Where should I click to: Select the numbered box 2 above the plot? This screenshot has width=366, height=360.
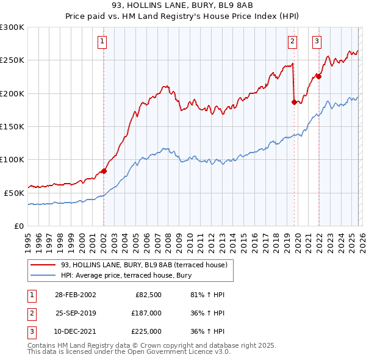(293, 41)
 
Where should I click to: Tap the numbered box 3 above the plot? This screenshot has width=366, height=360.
(317, 41)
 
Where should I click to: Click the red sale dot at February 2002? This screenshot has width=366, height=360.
(104, 171)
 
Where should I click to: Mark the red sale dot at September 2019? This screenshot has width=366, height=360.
(294, 102)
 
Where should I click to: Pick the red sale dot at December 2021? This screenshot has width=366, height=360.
(318, 77)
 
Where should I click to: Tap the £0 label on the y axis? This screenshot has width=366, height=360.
(18, 226)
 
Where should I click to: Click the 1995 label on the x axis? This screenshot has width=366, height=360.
(27, 238)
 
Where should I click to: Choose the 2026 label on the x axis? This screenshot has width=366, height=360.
(361, 238)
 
